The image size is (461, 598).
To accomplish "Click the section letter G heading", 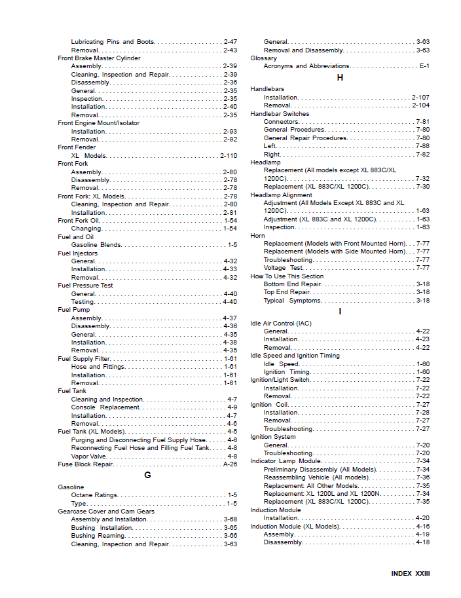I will point(147,475).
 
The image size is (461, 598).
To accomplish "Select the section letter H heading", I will point(340,77).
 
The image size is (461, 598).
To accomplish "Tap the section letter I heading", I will point(340,311).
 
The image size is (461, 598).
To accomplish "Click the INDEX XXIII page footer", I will point(411,573).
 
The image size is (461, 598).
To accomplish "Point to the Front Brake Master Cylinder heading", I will point(99,58).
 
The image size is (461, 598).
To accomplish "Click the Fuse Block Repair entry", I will point(85,464).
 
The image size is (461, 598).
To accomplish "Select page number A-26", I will point(230,464).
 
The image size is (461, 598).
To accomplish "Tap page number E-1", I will point(424,66).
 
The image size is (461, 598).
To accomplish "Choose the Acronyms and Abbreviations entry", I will point(306,66).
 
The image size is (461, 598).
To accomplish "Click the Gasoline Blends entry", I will point(96,245).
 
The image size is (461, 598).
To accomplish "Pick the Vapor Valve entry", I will point(88,456).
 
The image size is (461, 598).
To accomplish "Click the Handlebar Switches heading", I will point(280,114).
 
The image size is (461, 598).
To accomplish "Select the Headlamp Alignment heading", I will point(281,195).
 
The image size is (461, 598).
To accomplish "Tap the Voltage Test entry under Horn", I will point(284,268).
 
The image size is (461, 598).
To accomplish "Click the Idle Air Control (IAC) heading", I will point(281,324).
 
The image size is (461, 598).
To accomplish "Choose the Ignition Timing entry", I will point(287,372).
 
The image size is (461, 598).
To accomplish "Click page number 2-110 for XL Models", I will point(229,156).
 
